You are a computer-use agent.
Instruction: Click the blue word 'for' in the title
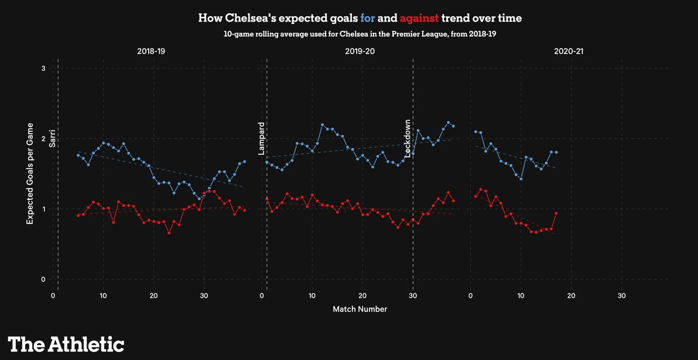click(368, 18)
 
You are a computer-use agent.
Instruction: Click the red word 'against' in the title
click(419, 18)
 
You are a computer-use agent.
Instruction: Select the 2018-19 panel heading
click(151, 51)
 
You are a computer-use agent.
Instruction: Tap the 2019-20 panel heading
click(360, 51)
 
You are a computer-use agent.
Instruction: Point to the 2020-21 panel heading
click(568, 51)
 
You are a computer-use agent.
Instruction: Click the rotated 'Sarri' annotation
click(53, 138)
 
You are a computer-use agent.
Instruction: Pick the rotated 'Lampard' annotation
click(261, 139)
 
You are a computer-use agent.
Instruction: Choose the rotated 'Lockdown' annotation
click(407, 139)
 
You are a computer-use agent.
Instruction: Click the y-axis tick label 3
click(44, 68)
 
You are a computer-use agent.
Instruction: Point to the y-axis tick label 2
click(44, 139)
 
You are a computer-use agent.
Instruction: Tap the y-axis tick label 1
click(44, 209)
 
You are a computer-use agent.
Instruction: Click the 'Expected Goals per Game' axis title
click(30, 174)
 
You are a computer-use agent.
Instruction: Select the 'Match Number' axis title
click(360, 309)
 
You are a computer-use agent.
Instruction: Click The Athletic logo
click(66, 344)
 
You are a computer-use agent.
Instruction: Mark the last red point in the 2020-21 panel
click(556, 213)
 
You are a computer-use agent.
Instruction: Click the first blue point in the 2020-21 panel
click(476, 131)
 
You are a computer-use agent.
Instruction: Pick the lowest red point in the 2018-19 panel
click(169, 233)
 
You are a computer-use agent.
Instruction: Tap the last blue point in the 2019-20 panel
click(453, 126)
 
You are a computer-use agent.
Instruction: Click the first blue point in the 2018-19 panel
click(78, 155)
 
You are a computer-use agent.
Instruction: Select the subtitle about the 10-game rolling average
click(360, 34)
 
